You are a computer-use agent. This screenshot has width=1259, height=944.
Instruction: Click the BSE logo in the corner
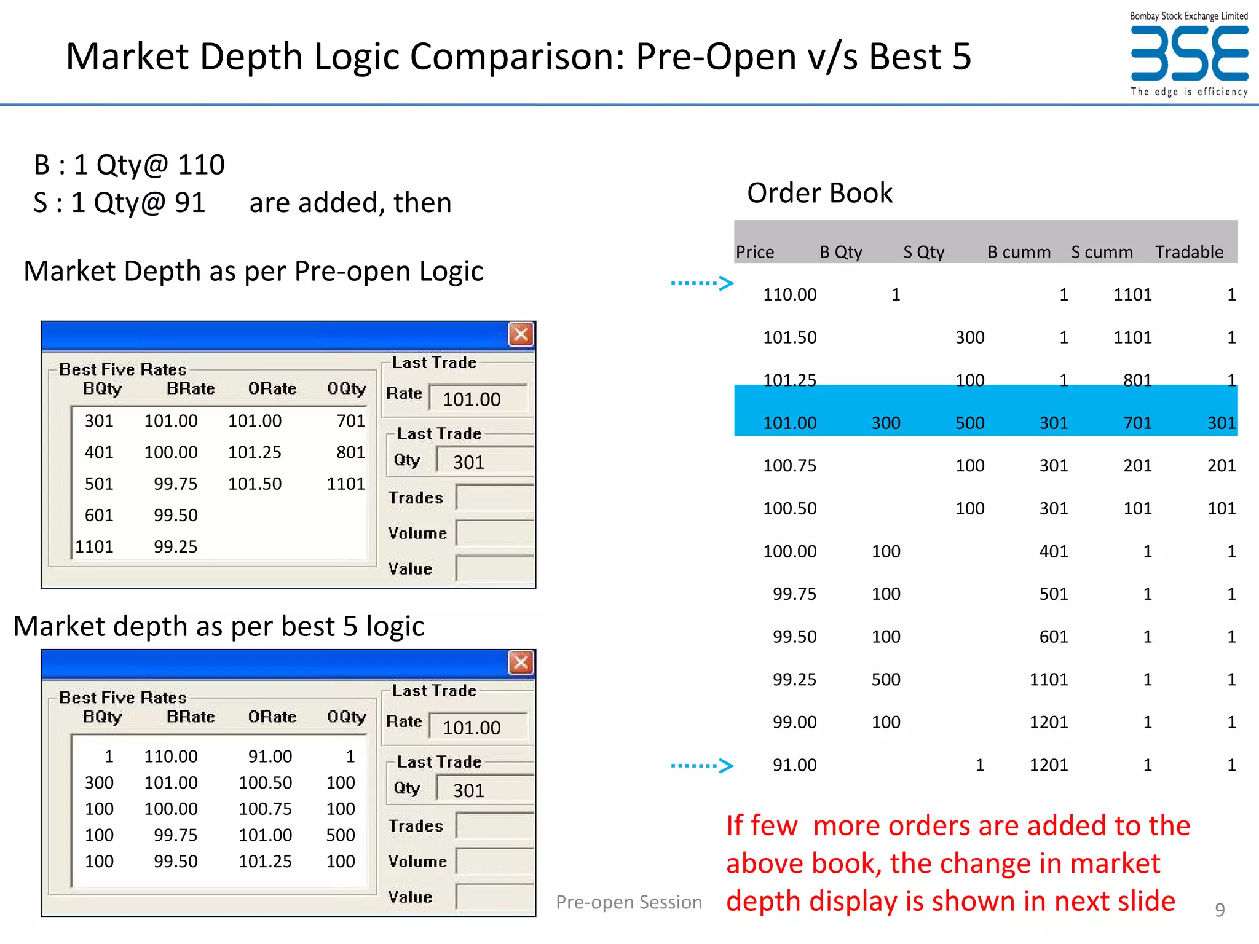click(1189, 55)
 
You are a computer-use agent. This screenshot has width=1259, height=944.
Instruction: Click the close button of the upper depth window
click(521, 334)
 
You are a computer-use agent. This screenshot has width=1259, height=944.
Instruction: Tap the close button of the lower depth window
click(521, 663)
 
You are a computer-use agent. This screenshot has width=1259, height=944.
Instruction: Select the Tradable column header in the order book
click(1189, 252)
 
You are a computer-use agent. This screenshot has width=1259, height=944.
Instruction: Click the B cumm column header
click(1019, 252)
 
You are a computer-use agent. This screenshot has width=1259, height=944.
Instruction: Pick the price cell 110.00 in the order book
click(789, 295)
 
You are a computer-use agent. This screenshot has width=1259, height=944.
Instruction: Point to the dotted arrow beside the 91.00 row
click(702, 765)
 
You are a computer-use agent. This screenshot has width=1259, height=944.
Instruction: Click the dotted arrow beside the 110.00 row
click(702, 283)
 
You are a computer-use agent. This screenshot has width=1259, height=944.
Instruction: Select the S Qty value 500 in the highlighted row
click(969, 423)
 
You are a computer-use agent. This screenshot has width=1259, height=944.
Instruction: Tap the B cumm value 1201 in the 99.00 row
click(1048, 722)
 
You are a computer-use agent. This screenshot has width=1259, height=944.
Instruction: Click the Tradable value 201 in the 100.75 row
click(1221, 466)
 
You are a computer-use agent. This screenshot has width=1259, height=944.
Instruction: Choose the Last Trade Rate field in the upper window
click(478, 399)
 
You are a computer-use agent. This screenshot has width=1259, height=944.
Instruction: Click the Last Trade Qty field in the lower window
click(484, 790)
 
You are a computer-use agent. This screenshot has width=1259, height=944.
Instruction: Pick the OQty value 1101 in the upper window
click(345, 484)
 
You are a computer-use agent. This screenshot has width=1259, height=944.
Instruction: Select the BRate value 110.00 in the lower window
click(171, 756)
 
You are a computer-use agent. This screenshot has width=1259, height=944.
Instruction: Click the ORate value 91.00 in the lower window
click(270, 756)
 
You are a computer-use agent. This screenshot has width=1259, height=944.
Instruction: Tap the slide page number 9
click(1220, 910)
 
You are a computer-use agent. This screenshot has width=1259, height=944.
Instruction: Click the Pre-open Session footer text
click(628, 902)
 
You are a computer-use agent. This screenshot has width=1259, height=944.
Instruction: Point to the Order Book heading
click(819, 193)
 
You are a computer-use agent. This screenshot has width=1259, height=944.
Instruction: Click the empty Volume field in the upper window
click(494, 533)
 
